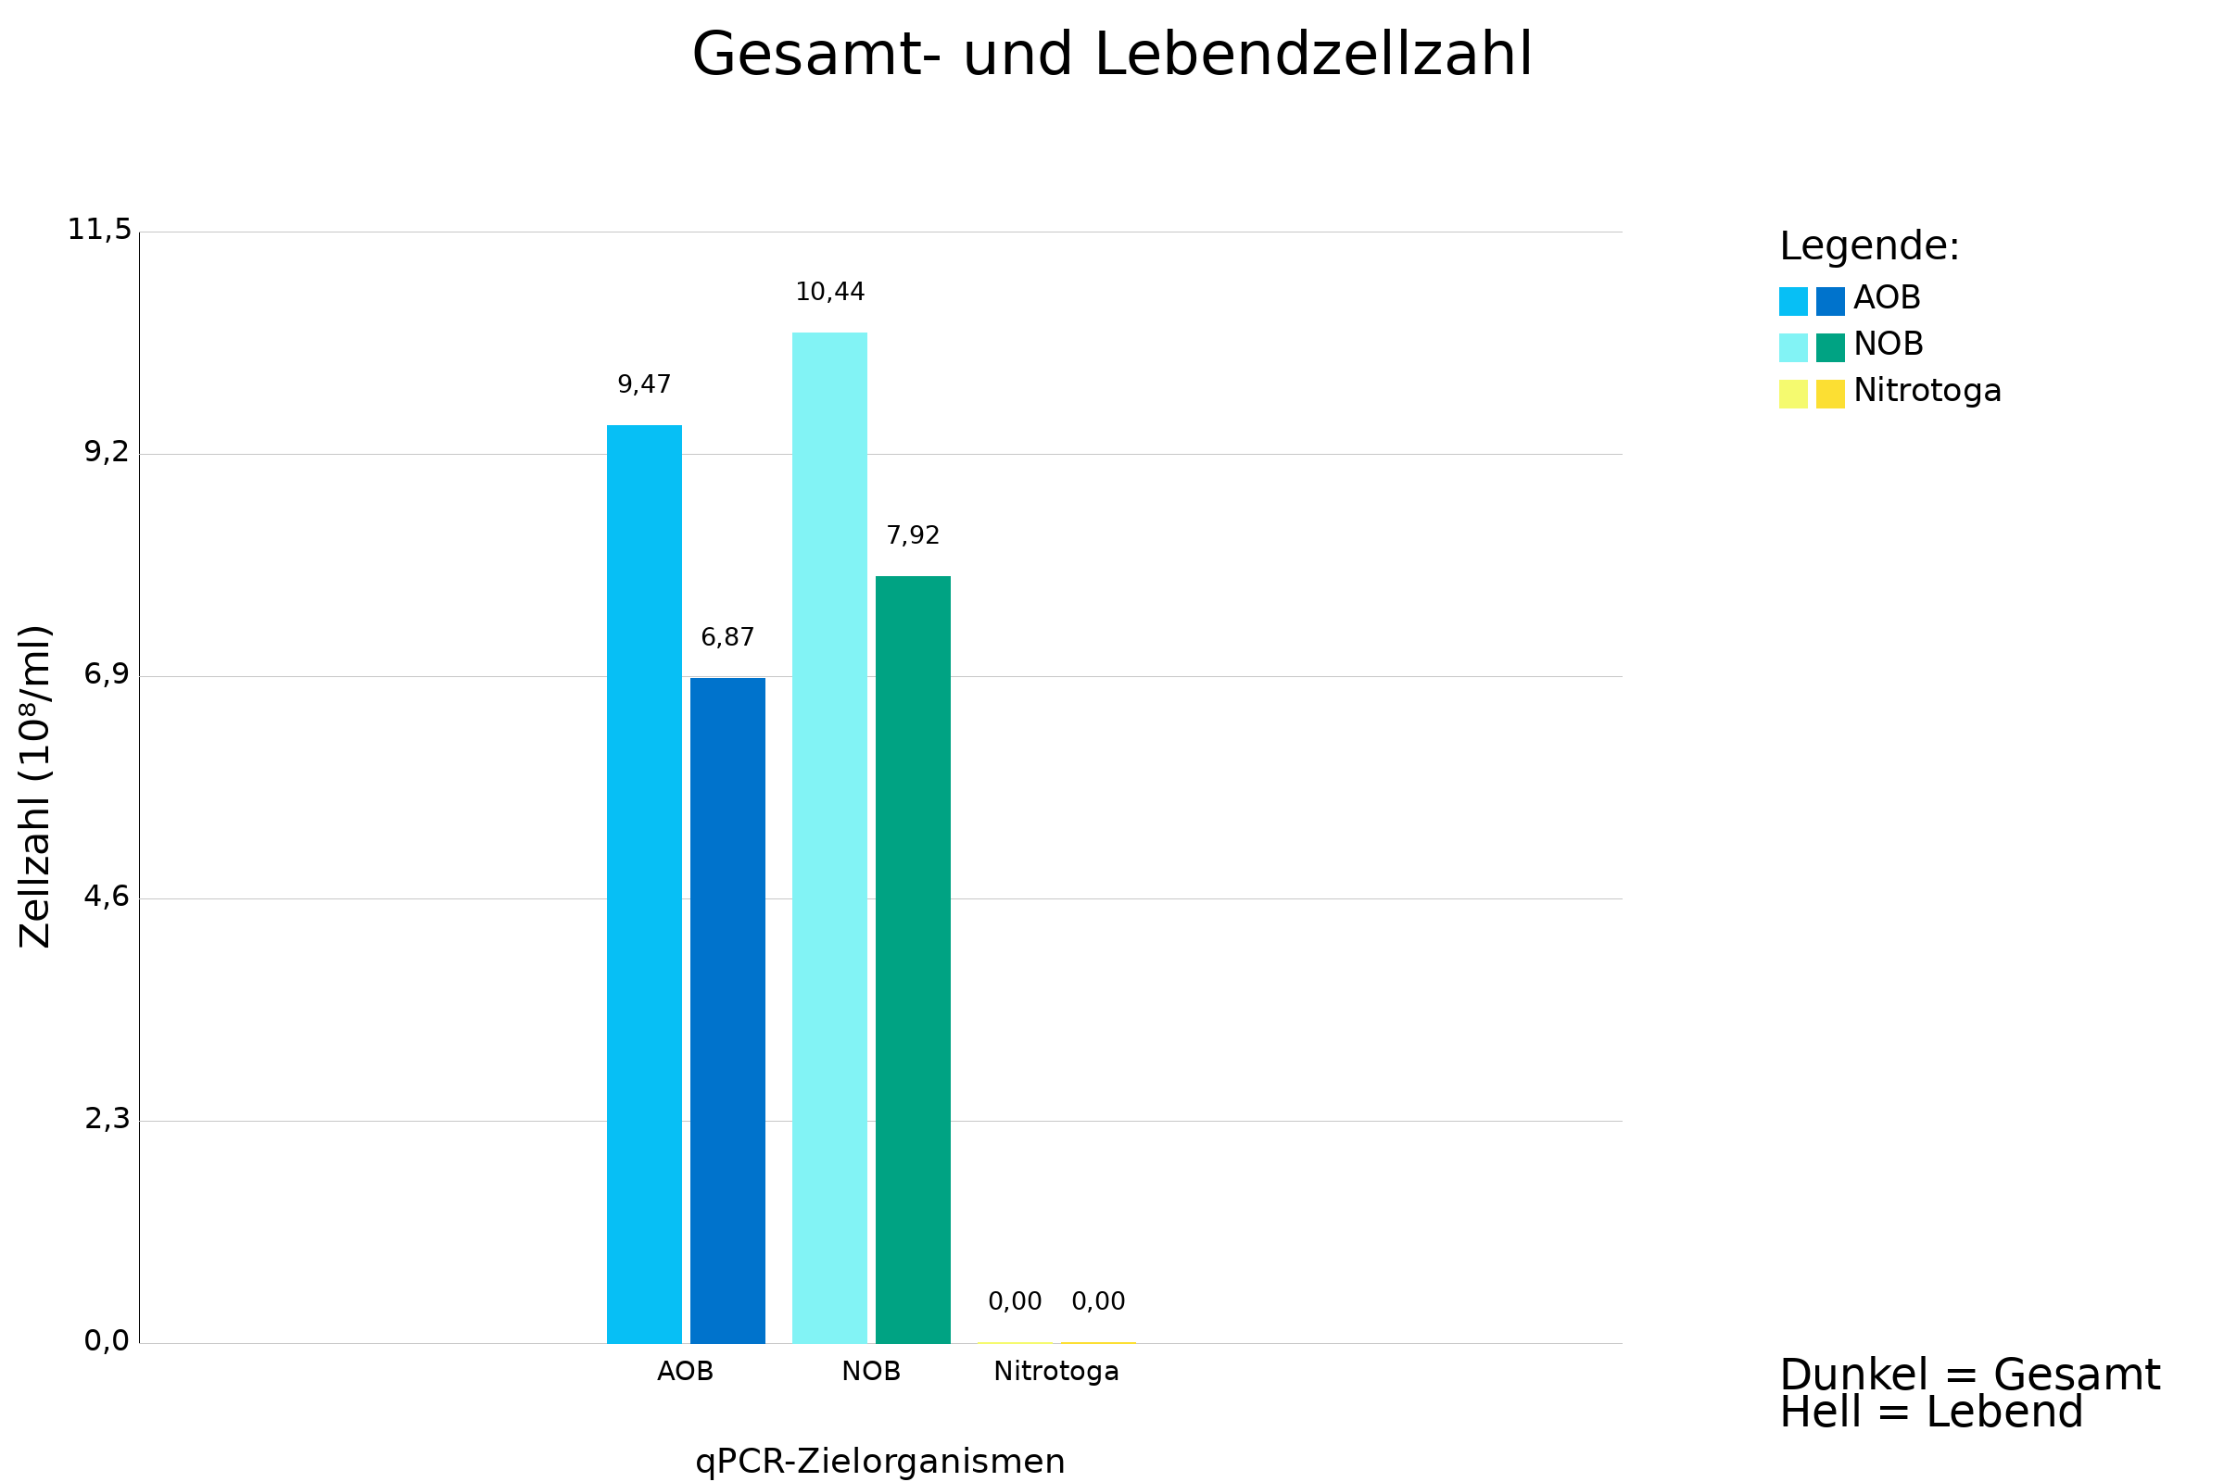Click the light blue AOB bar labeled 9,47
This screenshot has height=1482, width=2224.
click(644, 884)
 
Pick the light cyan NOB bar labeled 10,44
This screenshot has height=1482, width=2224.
click(829, 837)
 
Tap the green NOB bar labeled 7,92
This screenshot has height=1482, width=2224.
click(913, 960)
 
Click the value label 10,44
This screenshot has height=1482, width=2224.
click(829, 292)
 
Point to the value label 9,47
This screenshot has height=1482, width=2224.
click(644, 384)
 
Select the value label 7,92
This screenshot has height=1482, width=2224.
click(913, 535)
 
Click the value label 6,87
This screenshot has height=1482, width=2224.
click(727, 637)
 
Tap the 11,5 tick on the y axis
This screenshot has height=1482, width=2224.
click(99, 230)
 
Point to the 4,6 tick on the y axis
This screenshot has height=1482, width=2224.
click(107, 896)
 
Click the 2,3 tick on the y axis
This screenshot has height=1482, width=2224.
click(107, 1118)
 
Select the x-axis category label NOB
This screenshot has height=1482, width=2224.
click(871, 1372)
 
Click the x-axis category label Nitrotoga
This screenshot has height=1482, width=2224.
click(1055, 1372)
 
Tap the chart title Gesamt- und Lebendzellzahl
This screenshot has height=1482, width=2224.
click(1112, 55)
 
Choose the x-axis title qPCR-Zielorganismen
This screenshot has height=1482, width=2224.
click(879, 1462)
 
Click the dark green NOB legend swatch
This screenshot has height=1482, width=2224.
click(1829, 348)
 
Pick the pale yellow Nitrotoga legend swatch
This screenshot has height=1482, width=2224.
click(1793, 395)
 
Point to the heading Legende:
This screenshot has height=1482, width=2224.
click(1869, 246)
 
